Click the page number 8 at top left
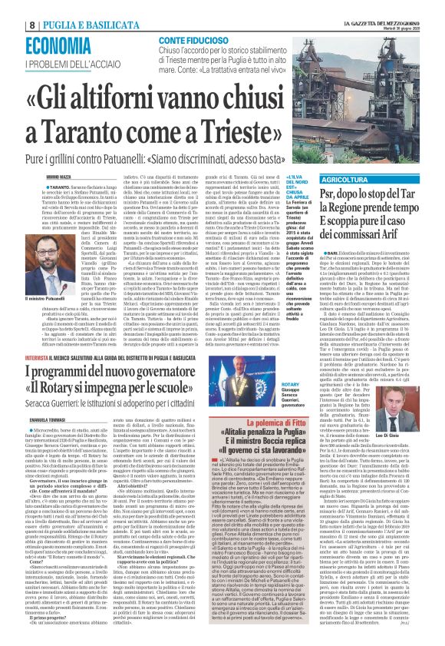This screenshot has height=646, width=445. click(x=10, y=8)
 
